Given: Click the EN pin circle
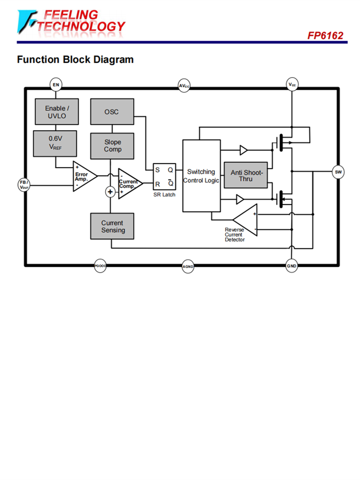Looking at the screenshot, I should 56,85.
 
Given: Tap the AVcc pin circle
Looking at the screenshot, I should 184,86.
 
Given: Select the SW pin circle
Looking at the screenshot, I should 338,171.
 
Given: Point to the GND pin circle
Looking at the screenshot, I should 292,266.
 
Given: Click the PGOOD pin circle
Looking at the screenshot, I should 100,266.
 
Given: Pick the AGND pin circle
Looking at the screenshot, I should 188,266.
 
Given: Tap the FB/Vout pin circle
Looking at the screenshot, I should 24,184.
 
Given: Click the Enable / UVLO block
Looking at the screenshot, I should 56,112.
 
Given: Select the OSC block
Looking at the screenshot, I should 112,112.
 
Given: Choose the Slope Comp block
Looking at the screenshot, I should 112,146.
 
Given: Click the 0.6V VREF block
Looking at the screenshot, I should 56,143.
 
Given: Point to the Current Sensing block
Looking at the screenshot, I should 112,226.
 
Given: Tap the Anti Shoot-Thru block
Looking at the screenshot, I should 246,175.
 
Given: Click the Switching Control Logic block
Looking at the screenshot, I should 201,176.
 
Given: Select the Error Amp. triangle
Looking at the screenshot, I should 84,176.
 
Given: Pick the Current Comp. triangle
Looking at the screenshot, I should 129,183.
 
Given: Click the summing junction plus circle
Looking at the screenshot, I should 110,192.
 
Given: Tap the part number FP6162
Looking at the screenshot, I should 325,36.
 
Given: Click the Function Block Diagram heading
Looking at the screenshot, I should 75,60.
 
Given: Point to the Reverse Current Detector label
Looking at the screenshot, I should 235,234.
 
